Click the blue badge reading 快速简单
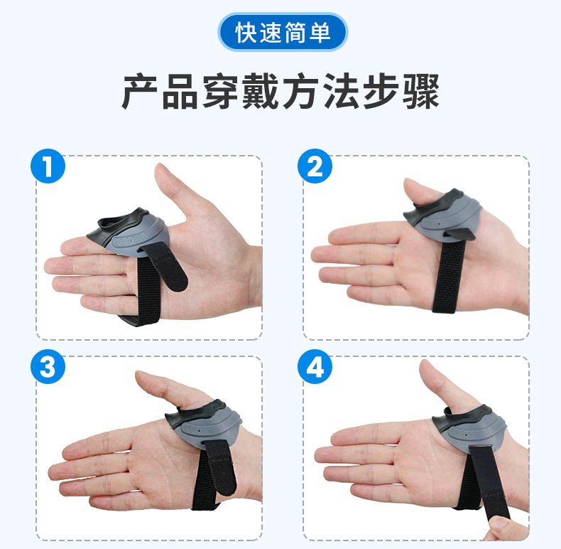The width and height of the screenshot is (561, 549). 283,32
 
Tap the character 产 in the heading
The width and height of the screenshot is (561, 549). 141,91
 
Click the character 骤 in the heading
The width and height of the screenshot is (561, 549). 420,91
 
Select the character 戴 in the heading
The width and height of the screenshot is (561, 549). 260,91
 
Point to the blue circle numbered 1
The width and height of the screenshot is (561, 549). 48,166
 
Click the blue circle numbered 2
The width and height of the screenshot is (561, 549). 315,166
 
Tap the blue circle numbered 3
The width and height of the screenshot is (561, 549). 48,367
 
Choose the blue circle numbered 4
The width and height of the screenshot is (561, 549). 315,367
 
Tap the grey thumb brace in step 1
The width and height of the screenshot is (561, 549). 129,233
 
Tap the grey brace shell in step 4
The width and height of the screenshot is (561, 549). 469,428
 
